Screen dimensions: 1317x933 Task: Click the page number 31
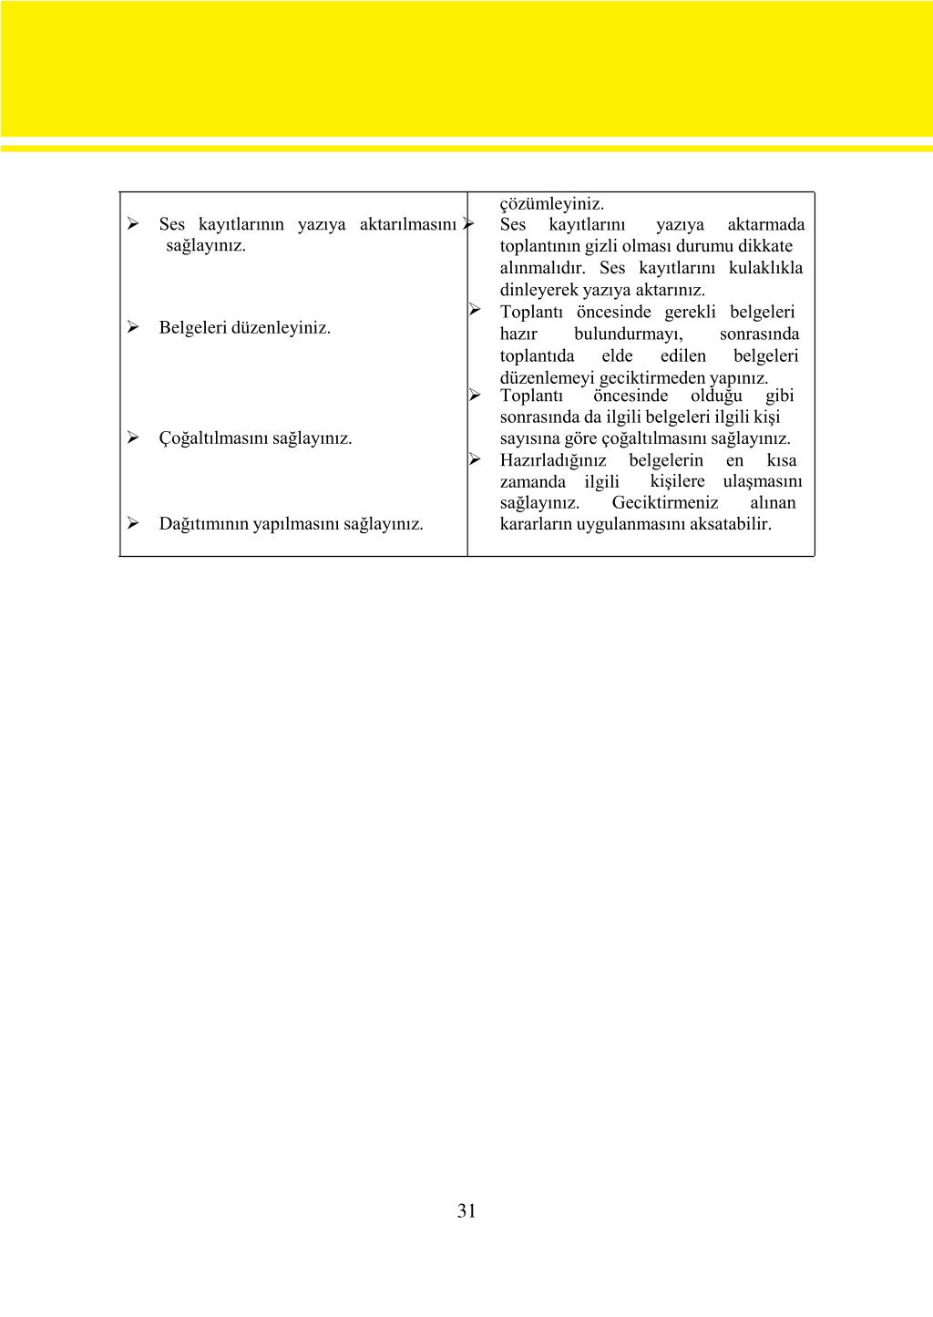pos(466,1210)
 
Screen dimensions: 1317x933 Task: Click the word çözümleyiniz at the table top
pos(551,203)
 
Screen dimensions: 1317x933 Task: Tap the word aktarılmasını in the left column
pos(407,224)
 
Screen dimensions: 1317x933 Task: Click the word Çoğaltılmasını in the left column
pos(213,438)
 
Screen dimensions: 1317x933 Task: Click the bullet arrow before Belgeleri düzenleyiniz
pos(133,326)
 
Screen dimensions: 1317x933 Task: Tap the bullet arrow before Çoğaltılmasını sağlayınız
pos(133,437)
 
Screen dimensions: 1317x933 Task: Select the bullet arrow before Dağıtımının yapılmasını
pos(133,523)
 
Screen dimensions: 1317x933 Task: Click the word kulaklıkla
pos(765,268)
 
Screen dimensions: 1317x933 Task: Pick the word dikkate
pos(766,246)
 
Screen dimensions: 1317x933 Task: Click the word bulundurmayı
pos(628,334)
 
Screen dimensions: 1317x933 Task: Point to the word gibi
pos(779,396)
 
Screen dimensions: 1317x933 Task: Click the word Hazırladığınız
pos(552,460)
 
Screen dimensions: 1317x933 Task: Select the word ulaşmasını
pos(763,481)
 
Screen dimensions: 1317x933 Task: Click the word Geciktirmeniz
pos(664,503)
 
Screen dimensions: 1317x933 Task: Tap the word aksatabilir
pos(731,524)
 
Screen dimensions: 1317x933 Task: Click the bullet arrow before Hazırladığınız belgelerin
pos(475,459)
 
